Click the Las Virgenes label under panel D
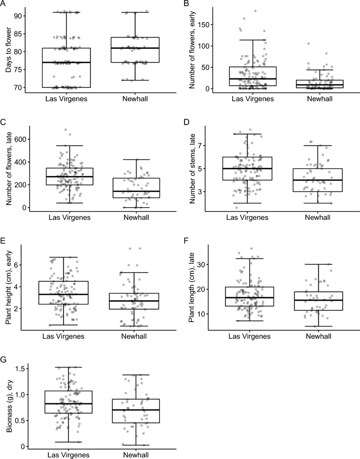pyautogui.click(x=249, y=217)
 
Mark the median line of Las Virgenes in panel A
pyautogui.click(x=67, y=62)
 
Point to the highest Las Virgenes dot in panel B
pyautogui.click(x=255, y=11)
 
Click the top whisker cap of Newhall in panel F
pyautogui.click(x=318, y=264)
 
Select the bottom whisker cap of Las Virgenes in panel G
pyautogui.click(x=67, y=442)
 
